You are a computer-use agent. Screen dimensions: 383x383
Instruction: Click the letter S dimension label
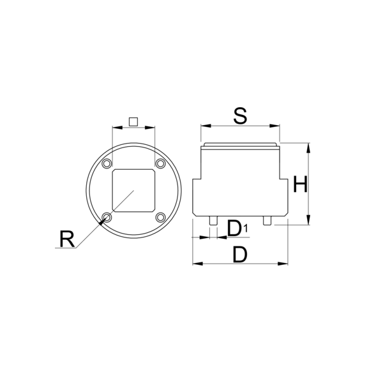pyautogui.click(x=240, y=116)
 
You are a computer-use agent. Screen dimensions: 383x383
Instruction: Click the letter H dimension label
pyautogui.click(x=300, y=184)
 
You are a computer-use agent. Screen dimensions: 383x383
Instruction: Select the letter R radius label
pyautogui.click(x=67, y=239)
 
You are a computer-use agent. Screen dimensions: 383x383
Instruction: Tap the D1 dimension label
pyautogui.click(x=237, y=229)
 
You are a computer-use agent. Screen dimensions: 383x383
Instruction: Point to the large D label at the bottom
pyautogui.click(x=240, y=255)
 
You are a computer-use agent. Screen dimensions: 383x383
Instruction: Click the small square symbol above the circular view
pyautogui.click(x=133, y=122)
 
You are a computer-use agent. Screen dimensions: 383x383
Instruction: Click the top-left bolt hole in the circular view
pyautogui.click(x=107, y=163)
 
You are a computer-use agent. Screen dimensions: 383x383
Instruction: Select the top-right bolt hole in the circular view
pyautogui.click(x=160, y=163)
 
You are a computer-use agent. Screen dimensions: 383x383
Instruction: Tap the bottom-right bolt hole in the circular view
pyautogui.click(x=160, y=217)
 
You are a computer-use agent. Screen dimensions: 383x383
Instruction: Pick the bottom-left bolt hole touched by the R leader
pyautogui.click(x=107, y=217)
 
